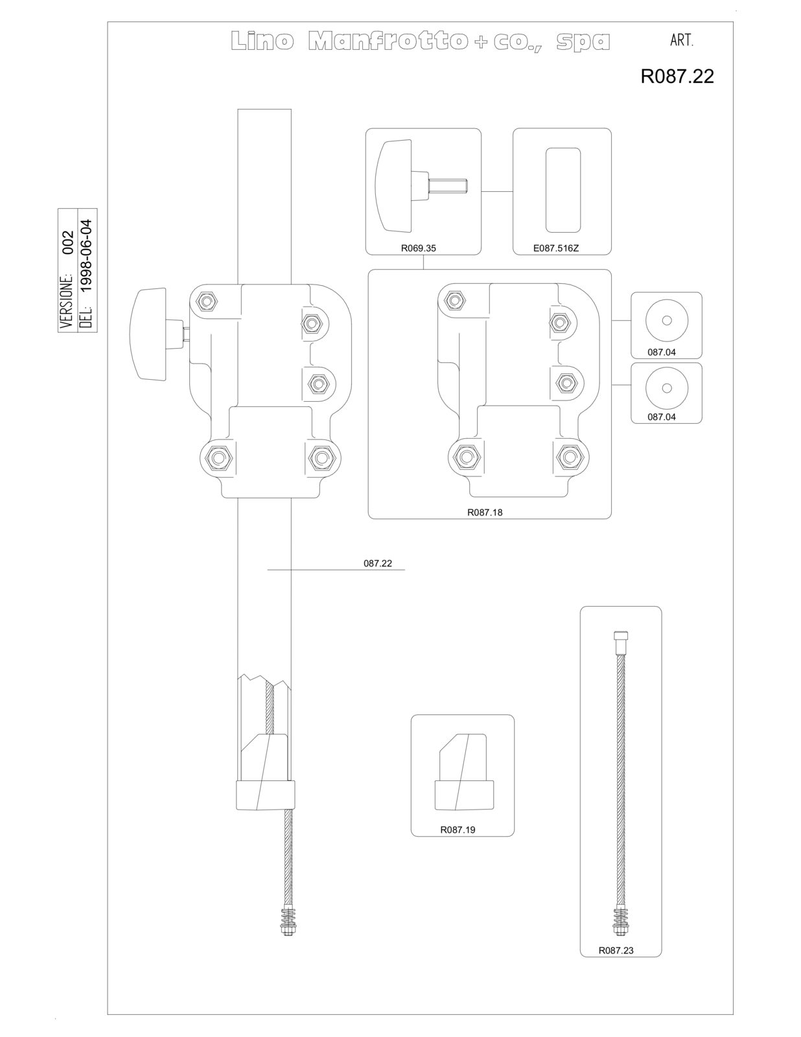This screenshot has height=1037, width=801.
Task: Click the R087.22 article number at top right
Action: point(677,76)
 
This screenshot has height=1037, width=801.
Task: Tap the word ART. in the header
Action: point(682,41)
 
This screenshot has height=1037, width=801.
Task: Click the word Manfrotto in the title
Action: point(388,41)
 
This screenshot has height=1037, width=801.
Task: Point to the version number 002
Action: point(69,242)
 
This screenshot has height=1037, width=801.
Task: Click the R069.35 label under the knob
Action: point(419,248)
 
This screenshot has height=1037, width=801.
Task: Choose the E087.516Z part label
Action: point(556,248)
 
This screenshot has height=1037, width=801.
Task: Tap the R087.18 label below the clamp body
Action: point(485,513)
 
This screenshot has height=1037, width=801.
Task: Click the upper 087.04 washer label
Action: point(662,352)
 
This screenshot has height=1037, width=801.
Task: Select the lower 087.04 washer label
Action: point(662,417)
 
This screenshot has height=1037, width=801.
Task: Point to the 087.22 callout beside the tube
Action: point(378,563)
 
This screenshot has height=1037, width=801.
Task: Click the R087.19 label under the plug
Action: point(458,830)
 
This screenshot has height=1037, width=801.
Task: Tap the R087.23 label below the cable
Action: point(616,950)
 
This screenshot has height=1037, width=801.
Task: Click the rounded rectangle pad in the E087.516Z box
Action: point(563,190)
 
